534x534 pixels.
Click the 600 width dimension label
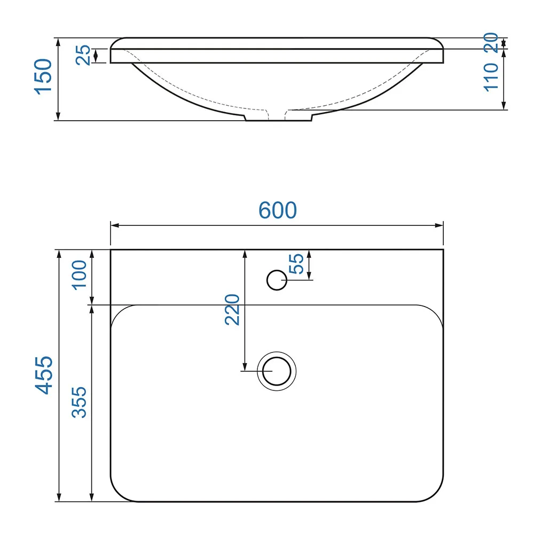coord(278,210)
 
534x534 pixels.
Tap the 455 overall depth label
coord(44,375)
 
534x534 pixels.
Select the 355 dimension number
coord(79,402)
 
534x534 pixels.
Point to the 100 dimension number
coord(79,275)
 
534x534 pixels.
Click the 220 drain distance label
coord(232,310)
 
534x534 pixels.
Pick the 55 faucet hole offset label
coord(296,264)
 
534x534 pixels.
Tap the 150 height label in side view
coord(43,76)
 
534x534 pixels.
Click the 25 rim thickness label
coord(83,55)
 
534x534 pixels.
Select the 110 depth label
coord(491,77)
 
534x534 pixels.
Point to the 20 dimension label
coord(491,42)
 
